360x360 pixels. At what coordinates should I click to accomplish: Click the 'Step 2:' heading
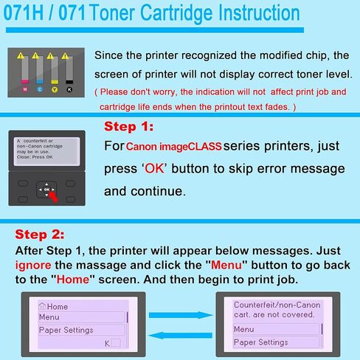point(40,235)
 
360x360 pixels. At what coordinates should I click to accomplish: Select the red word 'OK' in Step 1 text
point(155,168)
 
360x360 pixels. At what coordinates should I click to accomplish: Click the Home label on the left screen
point(55,306)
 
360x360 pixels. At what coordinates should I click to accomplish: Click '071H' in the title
point(30,14)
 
